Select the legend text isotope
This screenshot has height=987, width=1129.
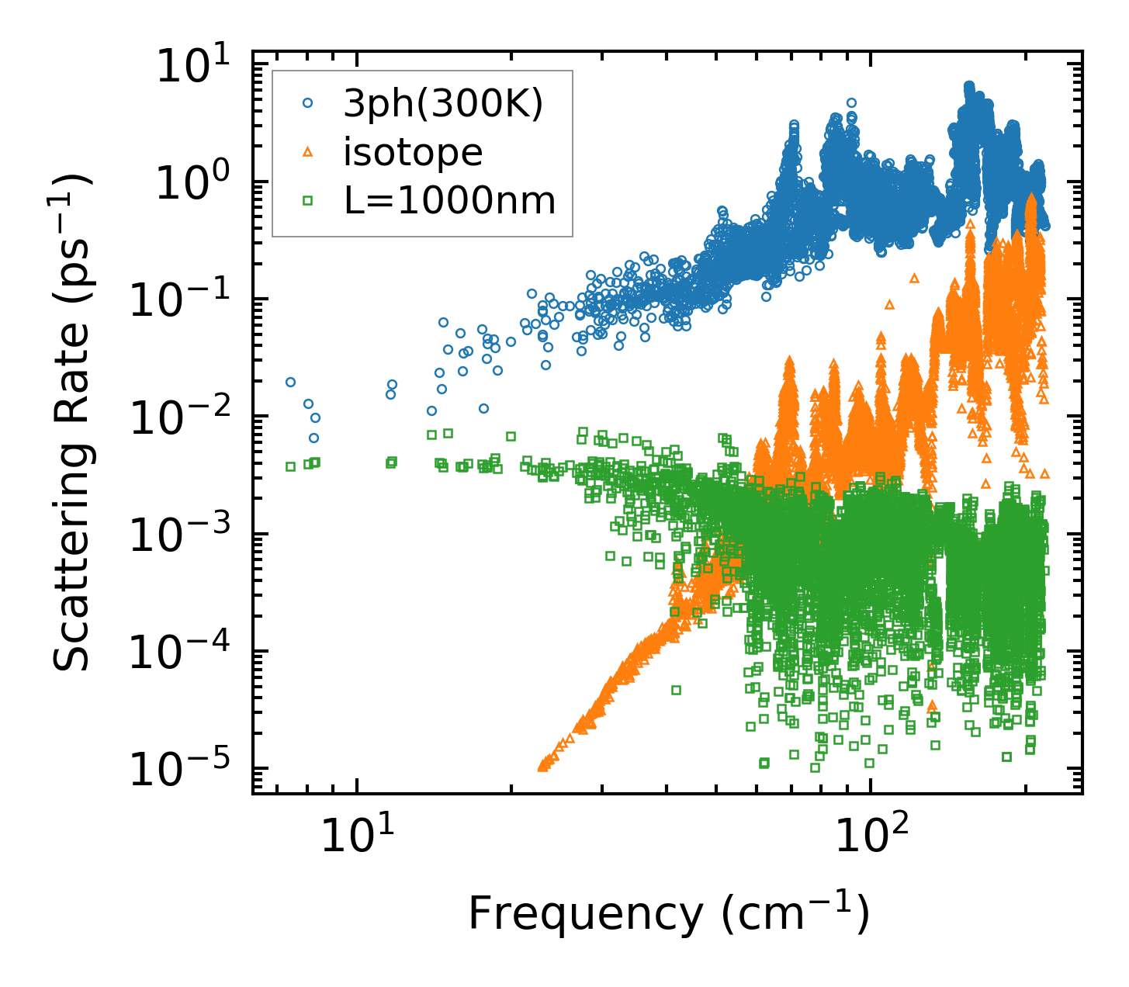click(x=413, y=153)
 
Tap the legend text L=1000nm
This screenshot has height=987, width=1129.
click(x=450, y=201)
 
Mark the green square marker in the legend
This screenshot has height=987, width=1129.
click(x=307, y=201)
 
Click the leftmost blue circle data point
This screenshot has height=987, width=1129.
click(x=290, y=382)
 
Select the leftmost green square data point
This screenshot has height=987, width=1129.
click(x=290, y=466)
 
